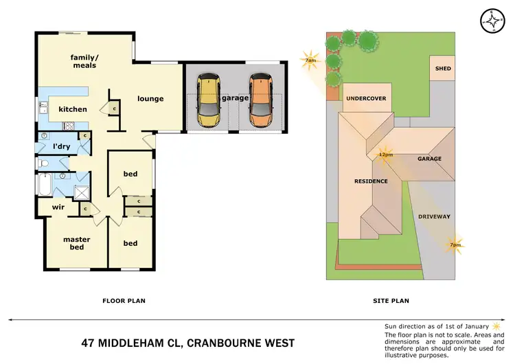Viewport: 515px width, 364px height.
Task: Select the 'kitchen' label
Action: (x=72, y=109)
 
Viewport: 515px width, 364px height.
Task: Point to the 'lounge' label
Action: (x=150, y=98)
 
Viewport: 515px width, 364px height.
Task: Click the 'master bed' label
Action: (x=76, y=243)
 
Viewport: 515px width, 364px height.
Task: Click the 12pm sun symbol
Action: (x=385, y=152)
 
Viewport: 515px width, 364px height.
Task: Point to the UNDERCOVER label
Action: (x=365, y=99)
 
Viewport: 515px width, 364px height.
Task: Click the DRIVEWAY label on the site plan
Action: (x=434, y=217)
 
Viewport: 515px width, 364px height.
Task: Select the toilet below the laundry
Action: (x=43, y=163)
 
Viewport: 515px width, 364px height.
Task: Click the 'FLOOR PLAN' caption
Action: (x=124, y=301)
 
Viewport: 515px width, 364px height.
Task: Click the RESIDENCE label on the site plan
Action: (x=371, y=181)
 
